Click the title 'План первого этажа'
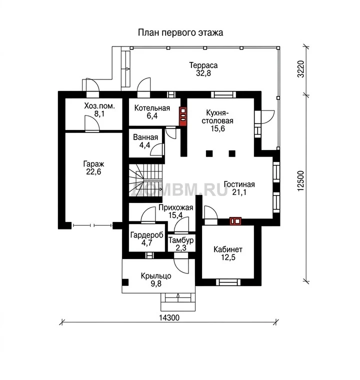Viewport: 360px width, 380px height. [x=180, y=32]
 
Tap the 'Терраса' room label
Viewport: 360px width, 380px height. [x=203, y=65]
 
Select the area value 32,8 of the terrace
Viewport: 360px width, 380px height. [x=203, y=73]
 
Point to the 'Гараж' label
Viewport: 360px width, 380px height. [x=93, y=164]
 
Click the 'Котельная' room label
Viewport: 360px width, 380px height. [x=152, y=108]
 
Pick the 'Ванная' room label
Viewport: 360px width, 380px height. [x=145, y=137]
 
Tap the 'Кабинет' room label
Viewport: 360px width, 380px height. [x=228, y=249]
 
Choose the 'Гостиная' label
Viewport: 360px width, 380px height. [x=239, y=184]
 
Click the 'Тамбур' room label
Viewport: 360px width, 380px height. [x=181, y=240]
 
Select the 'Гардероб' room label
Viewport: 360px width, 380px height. [x=146, y=235]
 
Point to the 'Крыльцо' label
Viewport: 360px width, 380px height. [x=156, y=276]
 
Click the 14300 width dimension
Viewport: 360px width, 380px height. [x=169, y=317]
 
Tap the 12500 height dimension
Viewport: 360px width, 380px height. [x=300, y=181]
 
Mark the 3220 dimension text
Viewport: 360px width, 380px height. [x=300, y=69]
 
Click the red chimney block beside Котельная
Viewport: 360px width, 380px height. [x=183, y=116]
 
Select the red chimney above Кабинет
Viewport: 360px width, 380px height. [x=235, y=221]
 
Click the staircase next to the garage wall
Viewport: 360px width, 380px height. [x=145, y=180]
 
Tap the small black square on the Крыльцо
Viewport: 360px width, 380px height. [x=125, y=282]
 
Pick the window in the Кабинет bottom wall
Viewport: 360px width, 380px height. [x=228, y=282]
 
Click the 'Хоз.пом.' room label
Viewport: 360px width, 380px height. [x=99, y=106]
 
